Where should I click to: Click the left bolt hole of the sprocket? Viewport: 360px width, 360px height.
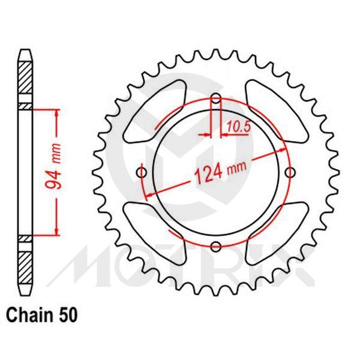[142, 173]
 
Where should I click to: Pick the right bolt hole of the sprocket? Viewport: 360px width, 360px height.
[291, 173]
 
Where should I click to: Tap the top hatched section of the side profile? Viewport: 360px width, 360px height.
[25, 80]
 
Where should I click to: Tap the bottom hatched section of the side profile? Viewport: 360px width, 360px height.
[25, 264]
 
